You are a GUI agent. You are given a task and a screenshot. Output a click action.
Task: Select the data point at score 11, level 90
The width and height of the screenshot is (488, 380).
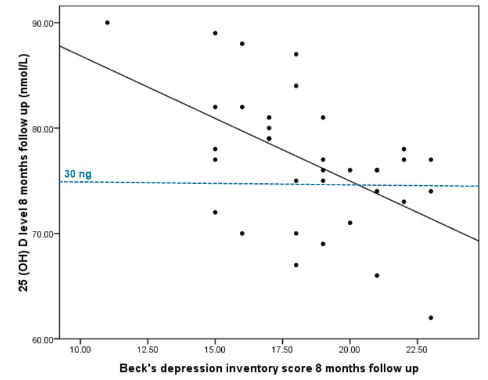click(107, 23)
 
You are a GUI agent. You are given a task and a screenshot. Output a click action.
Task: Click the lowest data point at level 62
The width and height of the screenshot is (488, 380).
click(431, 318)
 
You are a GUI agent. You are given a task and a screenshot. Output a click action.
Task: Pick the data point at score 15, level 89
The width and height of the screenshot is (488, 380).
click(215, 33)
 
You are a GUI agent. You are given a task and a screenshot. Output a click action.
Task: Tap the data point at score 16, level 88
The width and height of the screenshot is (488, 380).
click(242, 44)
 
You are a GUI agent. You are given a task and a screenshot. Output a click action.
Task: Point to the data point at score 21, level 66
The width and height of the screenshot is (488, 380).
click(377, 275)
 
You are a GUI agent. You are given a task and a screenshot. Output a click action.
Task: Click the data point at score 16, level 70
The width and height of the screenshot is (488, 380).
click(242, 233)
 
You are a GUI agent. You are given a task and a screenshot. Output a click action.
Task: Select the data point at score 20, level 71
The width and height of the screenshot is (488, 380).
click(350, 222)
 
